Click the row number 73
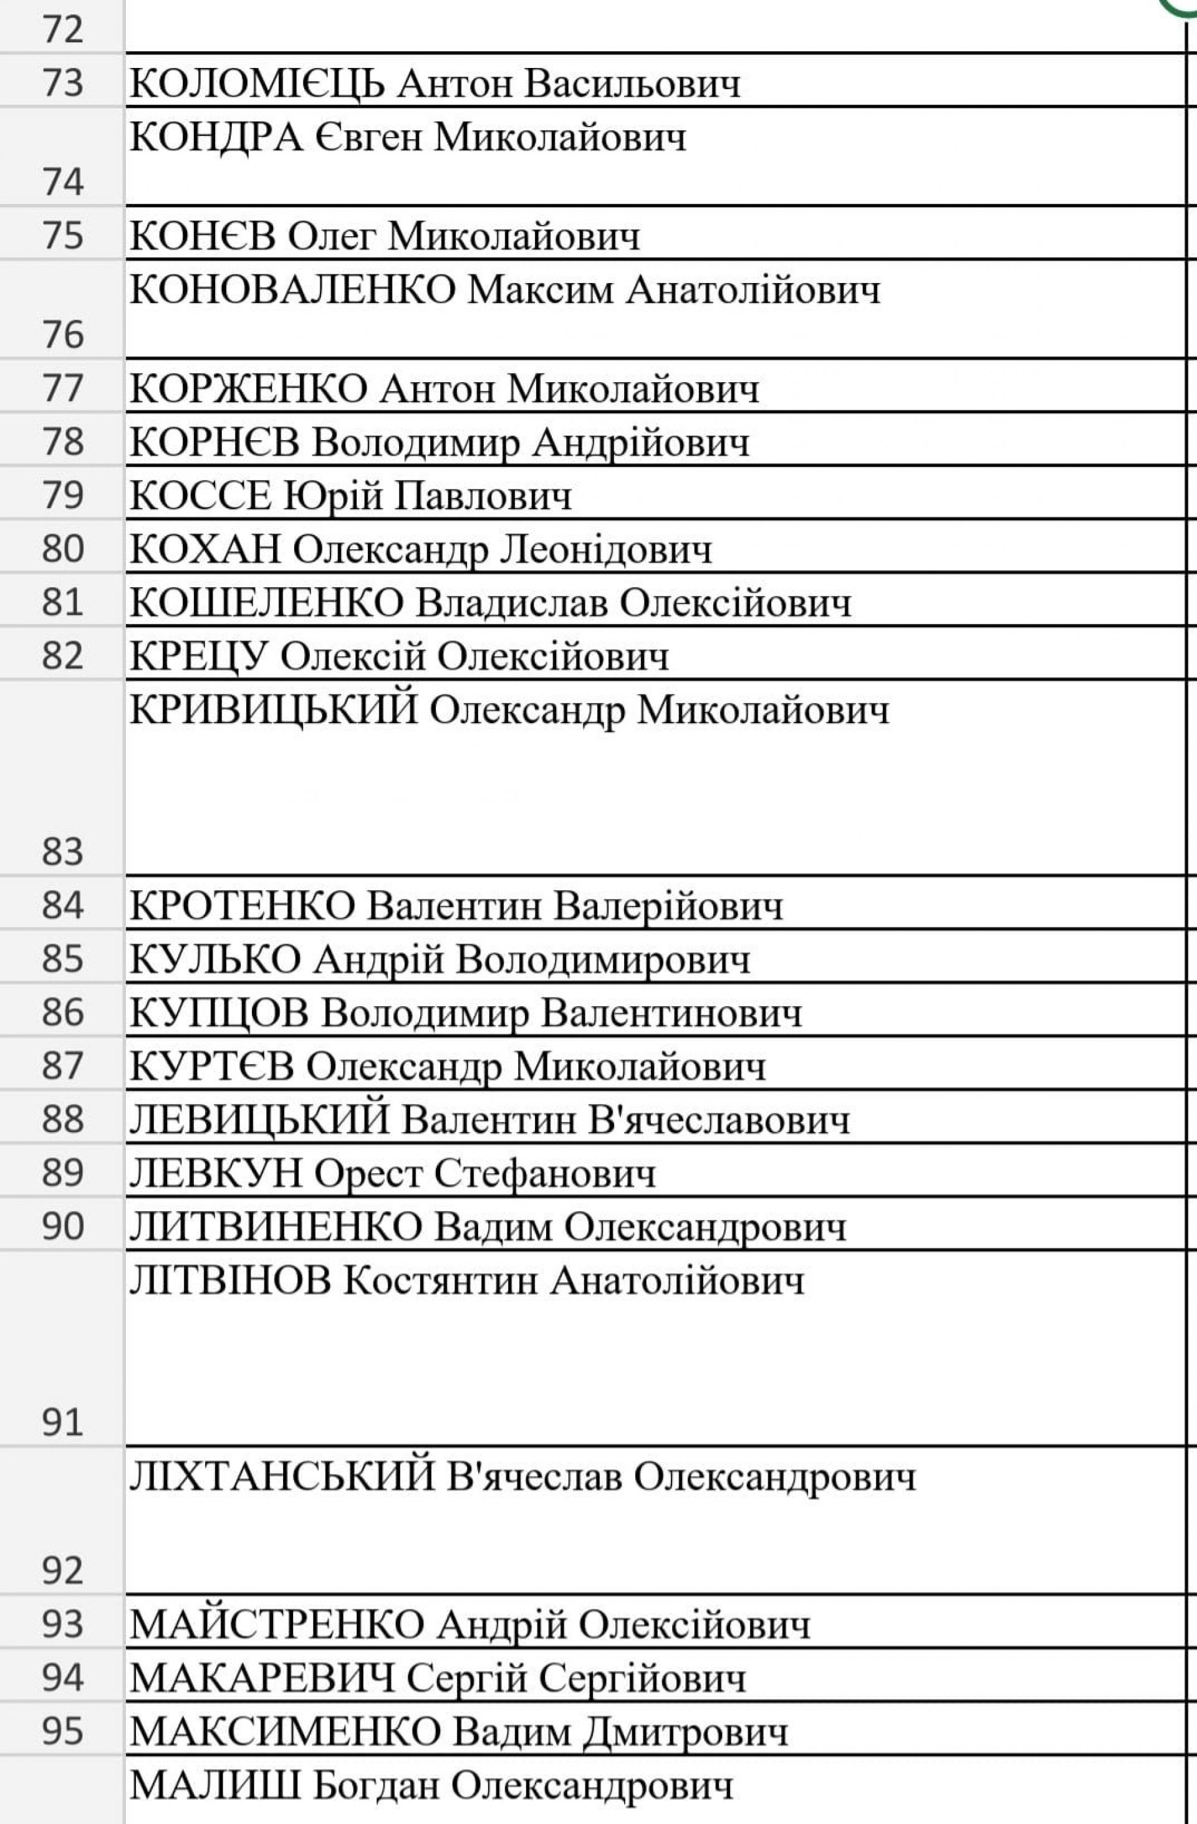point(63,82)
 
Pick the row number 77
point(63,388)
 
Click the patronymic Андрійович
point(642,443)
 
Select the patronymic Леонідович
point(606,550)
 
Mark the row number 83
point(63,852)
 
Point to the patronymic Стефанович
point(545,1173)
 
